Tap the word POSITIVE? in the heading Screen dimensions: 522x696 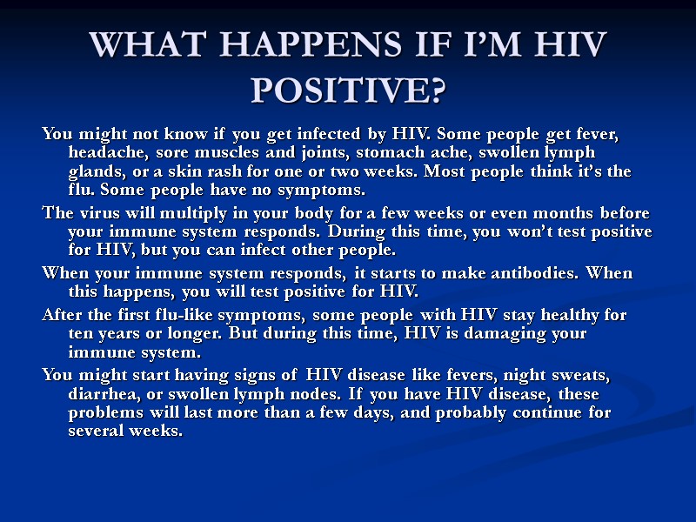348,88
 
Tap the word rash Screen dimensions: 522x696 231,171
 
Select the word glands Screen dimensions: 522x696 93,171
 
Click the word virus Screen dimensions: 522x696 95,213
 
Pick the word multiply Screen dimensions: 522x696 185,213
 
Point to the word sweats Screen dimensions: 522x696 582,375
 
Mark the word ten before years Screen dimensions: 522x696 79,333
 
